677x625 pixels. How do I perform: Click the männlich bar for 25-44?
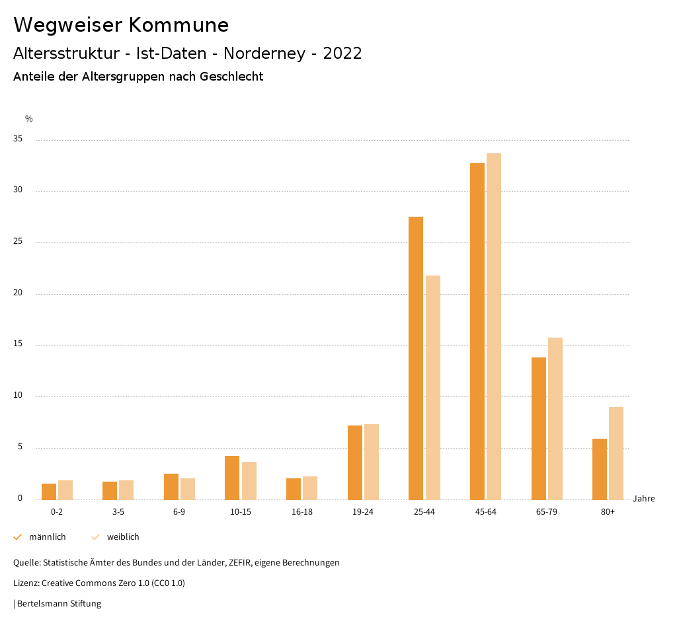coord(416,357)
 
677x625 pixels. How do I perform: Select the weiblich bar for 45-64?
coord(494,326)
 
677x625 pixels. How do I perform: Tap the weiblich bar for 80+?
coord(616,453)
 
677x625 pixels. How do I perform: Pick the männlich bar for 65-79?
coord(539,428)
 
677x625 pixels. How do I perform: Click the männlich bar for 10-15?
coord(232,478)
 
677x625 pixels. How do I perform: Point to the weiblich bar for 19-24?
coord(372,462)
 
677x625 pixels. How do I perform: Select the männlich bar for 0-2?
coord(49,492)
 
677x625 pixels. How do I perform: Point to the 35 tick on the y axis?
coord(17,139)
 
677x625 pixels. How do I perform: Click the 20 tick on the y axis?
coord(17,293)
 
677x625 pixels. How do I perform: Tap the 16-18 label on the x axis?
coord(302,512)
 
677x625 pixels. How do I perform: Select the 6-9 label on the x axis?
coord(179,512)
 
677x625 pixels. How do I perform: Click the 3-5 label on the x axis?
coord(118,512)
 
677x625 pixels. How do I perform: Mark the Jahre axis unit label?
coord(644,499)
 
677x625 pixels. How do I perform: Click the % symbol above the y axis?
coord(28,119)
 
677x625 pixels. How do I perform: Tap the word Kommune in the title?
coord(179,25)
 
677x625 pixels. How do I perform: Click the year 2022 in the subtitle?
coord(342,54)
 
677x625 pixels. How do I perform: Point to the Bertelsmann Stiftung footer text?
coord(59,603)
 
